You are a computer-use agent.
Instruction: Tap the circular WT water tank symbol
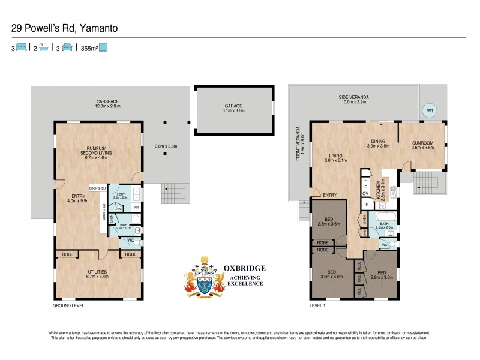[429, 110]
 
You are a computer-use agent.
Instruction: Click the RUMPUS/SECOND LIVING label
[97, 152]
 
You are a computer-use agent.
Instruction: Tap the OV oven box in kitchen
[365, 193]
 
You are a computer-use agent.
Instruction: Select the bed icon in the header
[21, 47]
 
